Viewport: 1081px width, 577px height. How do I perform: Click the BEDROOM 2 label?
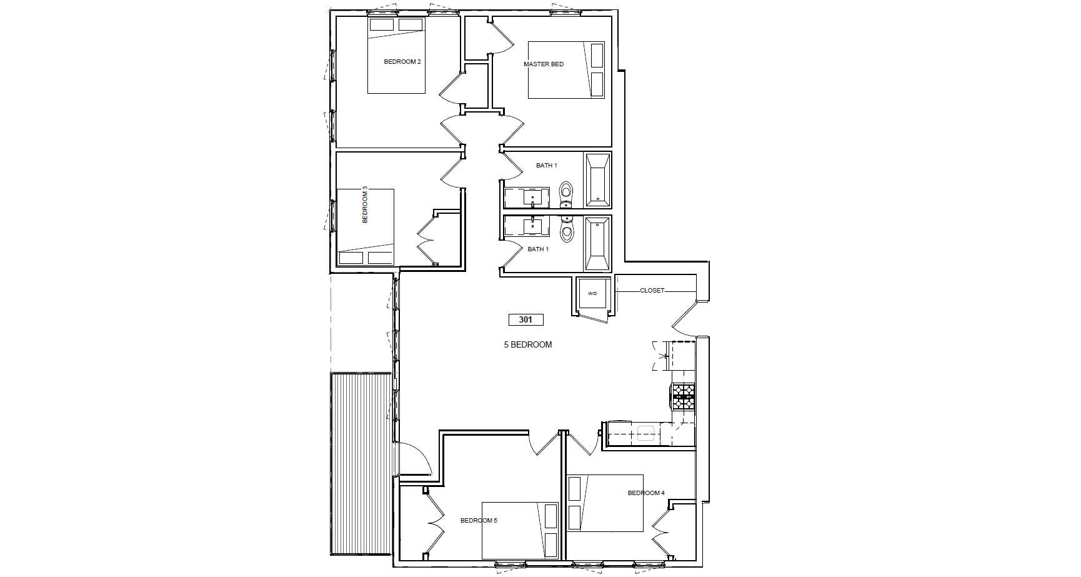point(402,62)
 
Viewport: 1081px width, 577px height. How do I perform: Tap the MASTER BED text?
point(544,64)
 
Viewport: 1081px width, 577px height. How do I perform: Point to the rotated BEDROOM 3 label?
point(365,204)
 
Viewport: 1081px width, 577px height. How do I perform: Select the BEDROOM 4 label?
point(646,493)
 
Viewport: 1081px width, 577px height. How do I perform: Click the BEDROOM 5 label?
point(479,521)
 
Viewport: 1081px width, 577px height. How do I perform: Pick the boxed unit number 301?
point(526,319)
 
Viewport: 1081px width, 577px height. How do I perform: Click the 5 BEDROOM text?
point(528,344)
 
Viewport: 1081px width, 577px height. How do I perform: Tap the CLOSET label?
point(652,291)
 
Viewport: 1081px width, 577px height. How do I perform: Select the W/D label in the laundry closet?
point(592,293)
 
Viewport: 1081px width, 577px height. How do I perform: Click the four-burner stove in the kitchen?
point(684,397)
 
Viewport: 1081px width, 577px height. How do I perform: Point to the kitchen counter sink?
point(645,433)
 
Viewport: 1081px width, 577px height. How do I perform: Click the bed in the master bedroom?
point(566,70)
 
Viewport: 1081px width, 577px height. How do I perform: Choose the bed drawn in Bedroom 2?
point(396,56)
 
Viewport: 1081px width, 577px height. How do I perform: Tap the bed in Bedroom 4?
point(605,503)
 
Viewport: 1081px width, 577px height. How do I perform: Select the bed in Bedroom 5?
point(520,531)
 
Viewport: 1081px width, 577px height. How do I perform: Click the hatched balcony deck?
point(361,464)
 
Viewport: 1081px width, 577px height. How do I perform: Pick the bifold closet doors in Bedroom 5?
point(434,523)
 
